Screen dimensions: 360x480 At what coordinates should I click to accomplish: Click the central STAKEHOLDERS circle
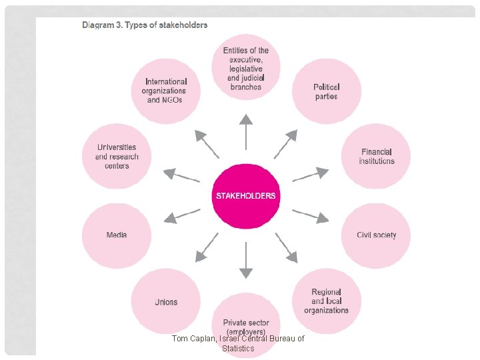point(245,196)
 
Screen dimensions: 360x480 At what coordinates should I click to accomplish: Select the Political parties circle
point(327,91)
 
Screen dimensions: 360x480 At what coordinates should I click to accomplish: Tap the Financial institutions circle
point(376,157)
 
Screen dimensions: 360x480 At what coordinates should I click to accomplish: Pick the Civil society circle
point(376,235)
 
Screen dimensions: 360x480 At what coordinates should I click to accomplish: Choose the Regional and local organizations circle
point(327,301)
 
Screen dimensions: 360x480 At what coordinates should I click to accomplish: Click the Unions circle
point(166,301)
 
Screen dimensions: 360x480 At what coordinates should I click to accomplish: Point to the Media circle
point(116,235)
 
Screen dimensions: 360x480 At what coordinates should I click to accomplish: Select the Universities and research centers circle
point(116,157)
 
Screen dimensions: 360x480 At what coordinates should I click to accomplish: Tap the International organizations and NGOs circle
point(164,91)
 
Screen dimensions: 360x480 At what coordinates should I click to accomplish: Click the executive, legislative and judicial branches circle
point(246,68)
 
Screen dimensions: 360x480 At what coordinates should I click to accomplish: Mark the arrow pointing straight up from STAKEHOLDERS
point(246,131)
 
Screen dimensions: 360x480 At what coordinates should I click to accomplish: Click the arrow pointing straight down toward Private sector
point(246,260)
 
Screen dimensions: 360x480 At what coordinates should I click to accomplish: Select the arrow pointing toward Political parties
point(286,143)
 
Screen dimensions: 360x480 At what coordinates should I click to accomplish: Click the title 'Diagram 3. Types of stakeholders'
point(145,25)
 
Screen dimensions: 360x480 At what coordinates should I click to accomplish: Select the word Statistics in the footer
point(238,348)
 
